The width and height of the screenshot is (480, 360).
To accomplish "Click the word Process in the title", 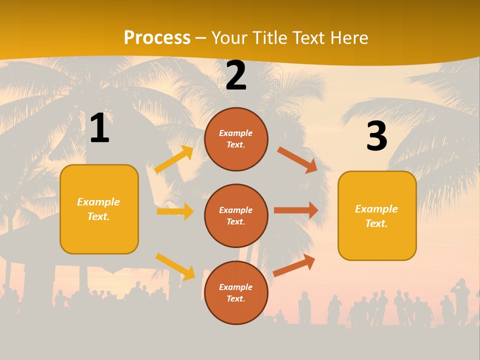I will (157, 38).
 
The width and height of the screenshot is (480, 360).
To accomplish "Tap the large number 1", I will (99, 128).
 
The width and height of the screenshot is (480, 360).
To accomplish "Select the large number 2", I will (236, 75).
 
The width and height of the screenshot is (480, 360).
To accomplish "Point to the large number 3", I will (376, 136).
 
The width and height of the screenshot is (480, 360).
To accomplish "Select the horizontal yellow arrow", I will (175, 211).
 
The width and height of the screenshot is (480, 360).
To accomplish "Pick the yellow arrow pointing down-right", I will (175, 266).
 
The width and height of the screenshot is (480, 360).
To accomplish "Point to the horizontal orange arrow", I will (296, 210).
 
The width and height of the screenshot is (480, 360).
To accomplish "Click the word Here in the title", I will (348, 38).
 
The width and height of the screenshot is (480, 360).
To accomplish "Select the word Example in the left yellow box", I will (98, 202).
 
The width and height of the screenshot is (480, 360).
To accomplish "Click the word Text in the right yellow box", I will (376, 223).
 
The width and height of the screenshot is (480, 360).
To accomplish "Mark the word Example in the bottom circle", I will (235, 287).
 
